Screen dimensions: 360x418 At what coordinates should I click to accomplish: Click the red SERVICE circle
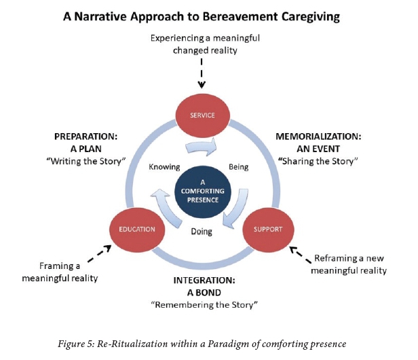(202, 115)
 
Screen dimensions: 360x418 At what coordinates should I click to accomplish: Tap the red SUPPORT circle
(268, 229)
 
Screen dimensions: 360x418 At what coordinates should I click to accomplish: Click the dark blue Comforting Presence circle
(202, 190)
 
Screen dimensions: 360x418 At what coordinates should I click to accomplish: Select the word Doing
(202, 232)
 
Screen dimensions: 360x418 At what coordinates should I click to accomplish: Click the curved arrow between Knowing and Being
(202, 145)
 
